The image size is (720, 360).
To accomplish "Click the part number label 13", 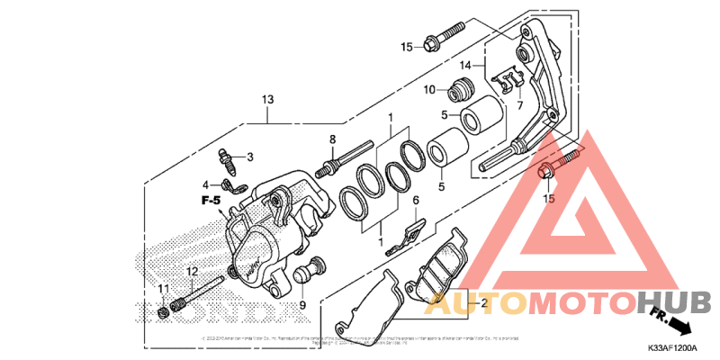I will (x=267, y=99).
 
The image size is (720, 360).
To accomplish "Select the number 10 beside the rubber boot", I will (x=429, y=89).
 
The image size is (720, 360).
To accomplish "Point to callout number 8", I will (x=332, y=139).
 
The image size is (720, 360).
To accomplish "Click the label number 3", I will (x=250, y=157).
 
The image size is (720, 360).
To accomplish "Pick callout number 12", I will (x=192, y=271).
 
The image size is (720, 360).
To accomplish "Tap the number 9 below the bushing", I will (x=302, y=305).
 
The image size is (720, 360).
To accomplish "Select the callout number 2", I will (x=483, y=303).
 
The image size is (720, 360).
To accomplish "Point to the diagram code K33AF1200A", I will (x=670, y=347).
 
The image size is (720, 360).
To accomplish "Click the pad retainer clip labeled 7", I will (x=509, y=82).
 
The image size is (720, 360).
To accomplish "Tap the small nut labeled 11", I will (x=162, y=311).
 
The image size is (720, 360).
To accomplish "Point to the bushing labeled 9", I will (x=315, y=268).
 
